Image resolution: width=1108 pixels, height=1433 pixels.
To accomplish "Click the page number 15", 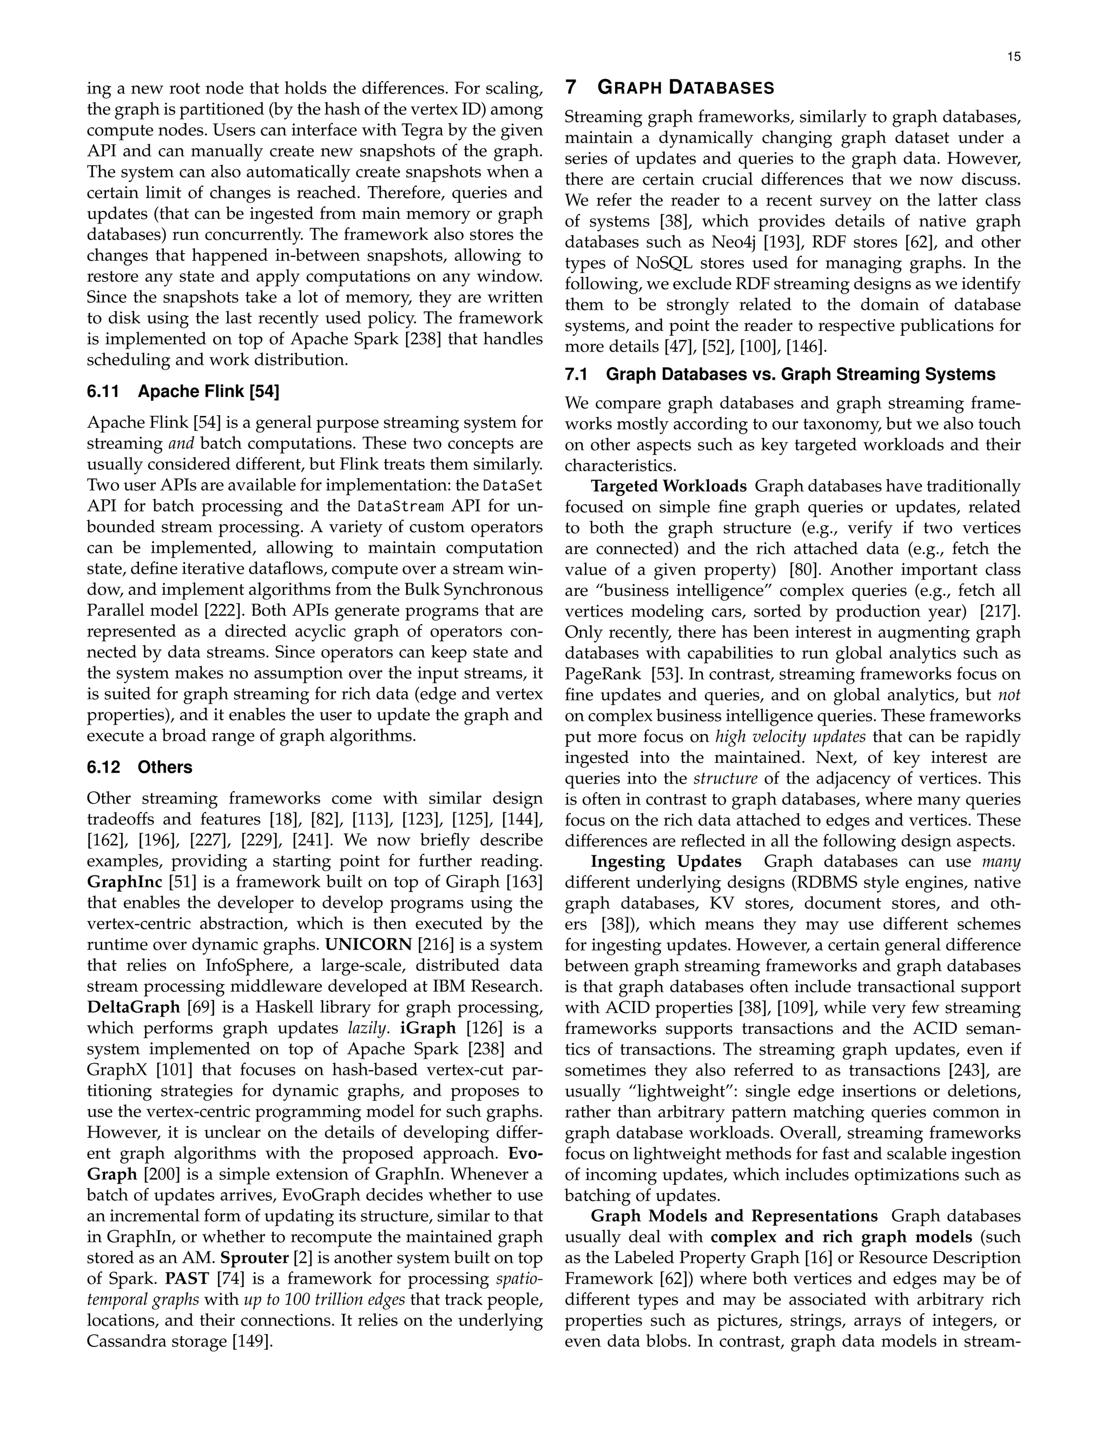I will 1013,57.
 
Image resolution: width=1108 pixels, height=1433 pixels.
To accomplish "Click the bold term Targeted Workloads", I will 668,486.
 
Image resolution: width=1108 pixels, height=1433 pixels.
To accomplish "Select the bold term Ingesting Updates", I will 665,861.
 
